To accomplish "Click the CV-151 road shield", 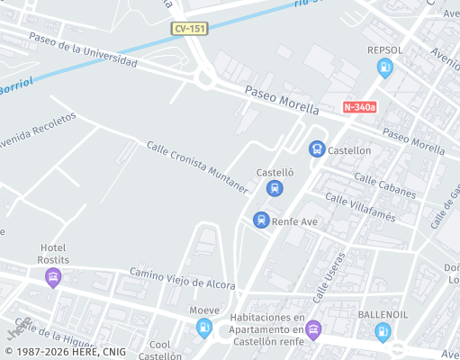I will click(190, 30).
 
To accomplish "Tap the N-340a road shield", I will click(359, 107).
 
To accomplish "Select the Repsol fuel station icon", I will click(385, 67).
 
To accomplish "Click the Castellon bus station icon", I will click(317, 149).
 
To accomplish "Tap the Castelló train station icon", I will click(275, 188).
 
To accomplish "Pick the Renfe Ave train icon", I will click(261, 220).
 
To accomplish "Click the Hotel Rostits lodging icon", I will click(53, 277).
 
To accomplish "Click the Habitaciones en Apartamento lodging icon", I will click(313, 329).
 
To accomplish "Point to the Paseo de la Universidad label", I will click(83, 51).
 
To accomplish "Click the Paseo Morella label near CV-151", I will click(283, 100).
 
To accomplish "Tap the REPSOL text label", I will click(385, 50).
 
